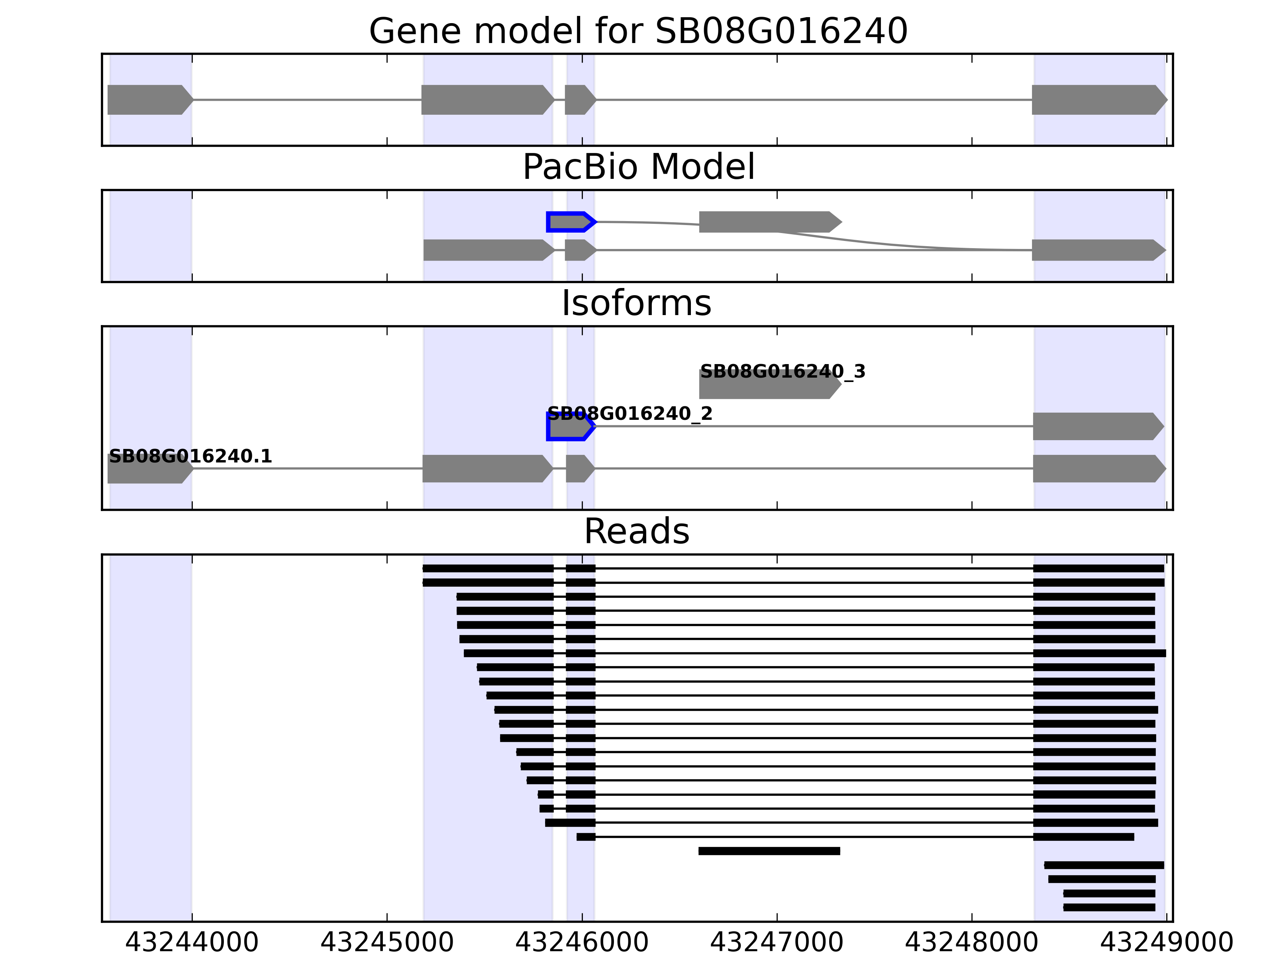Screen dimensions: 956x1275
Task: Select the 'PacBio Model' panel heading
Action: (638, 167)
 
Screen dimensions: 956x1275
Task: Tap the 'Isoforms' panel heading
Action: (636, 303)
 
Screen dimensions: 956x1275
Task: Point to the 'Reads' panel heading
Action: (636, 531)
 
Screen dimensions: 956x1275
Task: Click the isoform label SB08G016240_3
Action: (782, 372)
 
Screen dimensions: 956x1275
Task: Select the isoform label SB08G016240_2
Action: (630, 414)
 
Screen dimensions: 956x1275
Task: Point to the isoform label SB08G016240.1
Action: (190, 456)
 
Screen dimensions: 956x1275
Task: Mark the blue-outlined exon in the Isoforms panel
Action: (569, 427)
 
